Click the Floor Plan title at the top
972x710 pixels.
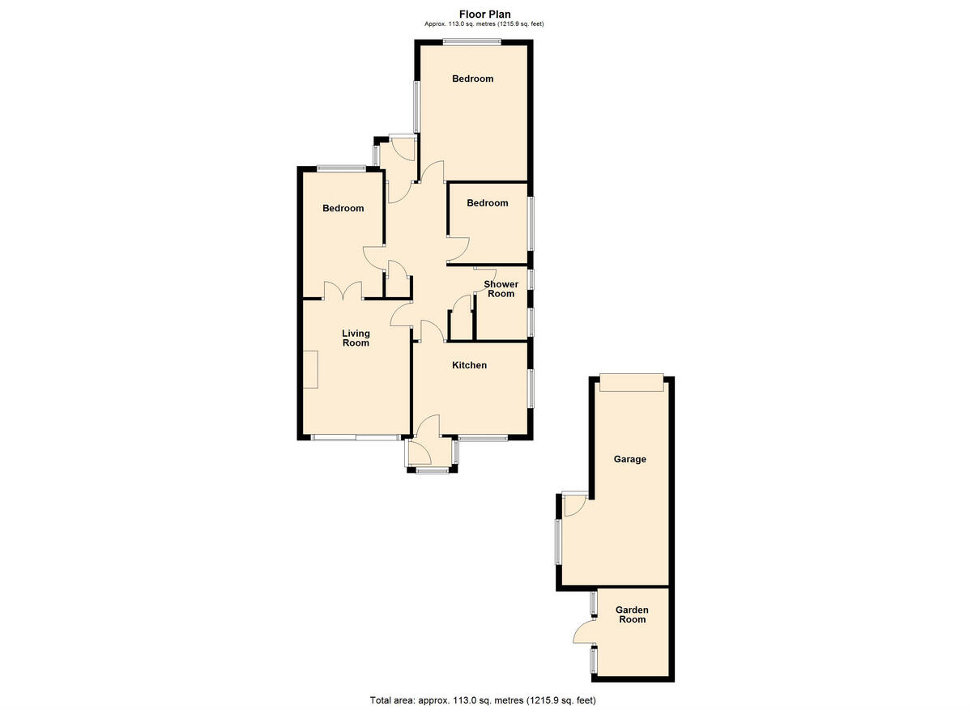pyautogui.click(x=484, y=14)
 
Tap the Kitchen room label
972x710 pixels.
pyautogui.click(x=469, y=365)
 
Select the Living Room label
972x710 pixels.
pyautogui.click(x=356, y=338)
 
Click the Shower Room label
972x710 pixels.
pyautogui.click(x=501, y=289)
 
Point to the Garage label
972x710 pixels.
pyautogui.click(x=629, y=459)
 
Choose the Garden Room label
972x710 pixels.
pyautogui.click(x=632, y=614)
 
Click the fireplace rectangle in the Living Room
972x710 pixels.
pyautogui.click(x=311, y=369)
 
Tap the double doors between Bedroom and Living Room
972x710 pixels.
pyautogui.click(x=343, y=291)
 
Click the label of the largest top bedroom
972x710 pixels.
pyautogui.click(x=472, y=79)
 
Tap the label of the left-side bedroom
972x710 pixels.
pyautogui.click(x=343, y=208)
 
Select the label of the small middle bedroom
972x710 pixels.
pyautogui.click(x=488, y=203)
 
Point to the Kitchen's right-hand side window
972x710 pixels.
pyautogui.click(x=531, y=389)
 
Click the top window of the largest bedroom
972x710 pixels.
pyautogui.click(x=471, y=43)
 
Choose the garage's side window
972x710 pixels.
pyautogui.click(x=558, y=542)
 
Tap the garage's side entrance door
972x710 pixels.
pyautogui.click(x=573, y=504)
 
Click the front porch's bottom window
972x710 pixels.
pyautogui.click(x=432, y=470)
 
